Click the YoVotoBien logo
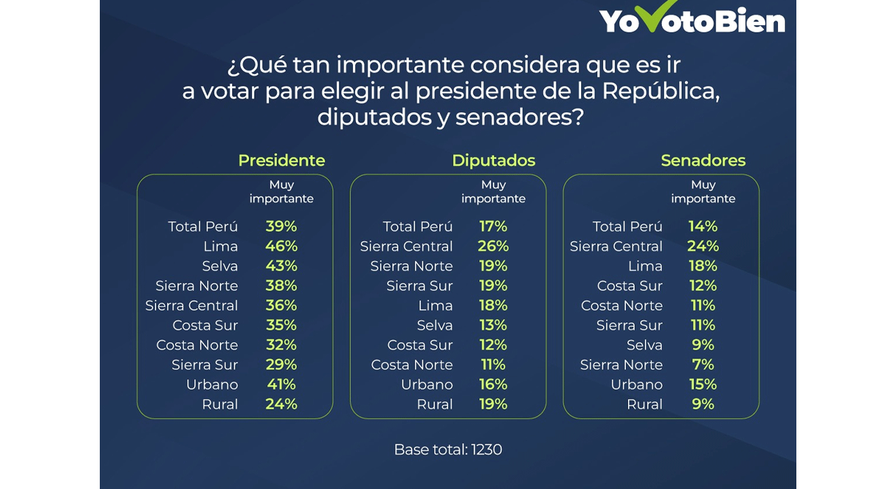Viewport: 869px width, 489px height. (x=692, y=20)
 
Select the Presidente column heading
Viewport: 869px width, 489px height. (x=281, y=160)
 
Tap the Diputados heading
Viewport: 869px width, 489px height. (x=494, y=160)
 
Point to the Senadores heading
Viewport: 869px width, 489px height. (x=703, y=160)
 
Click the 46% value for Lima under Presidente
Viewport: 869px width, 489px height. (x=281, y=246)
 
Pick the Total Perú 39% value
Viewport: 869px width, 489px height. (x=281, y=226)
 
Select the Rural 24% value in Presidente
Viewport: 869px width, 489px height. (x=281, y=404)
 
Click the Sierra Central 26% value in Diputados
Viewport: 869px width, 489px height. (x=493, y=246)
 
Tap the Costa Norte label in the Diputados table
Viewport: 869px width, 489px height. (x=411, y=365)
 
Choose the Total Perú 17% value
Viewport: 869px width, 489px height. (x=493, y=226)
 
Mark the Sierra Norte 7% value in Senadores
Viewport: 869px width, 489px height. (x=703, y=365)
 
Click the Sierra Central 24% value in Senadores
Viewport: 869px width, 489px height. (x=703, y=246)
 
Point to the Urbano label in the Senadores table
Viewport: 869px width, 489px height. (x=636, y=384)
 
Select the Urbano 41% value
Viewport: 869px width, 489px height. (x=281, y=384)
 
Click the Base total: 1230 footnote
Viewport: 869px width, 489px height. (x=448, y=450)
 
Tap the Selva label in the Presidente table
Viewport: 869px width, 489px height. (x=220, y=266)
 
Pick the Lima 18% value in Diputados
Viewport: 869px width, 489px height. (x=493, y=306)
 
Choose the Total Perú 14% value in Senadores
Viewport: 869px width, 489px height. (x=703, y=226)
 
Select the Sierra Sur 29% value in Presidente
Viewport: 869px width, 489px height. (x=281, y=365)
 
